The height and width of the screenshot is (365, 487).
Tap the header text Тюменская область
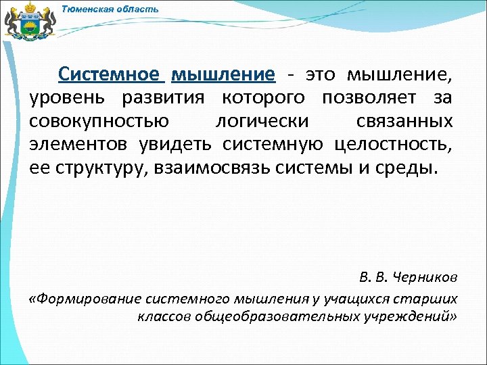click(110, 9)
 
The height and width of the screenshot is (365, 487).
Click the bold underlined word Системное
click(109, 74)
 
